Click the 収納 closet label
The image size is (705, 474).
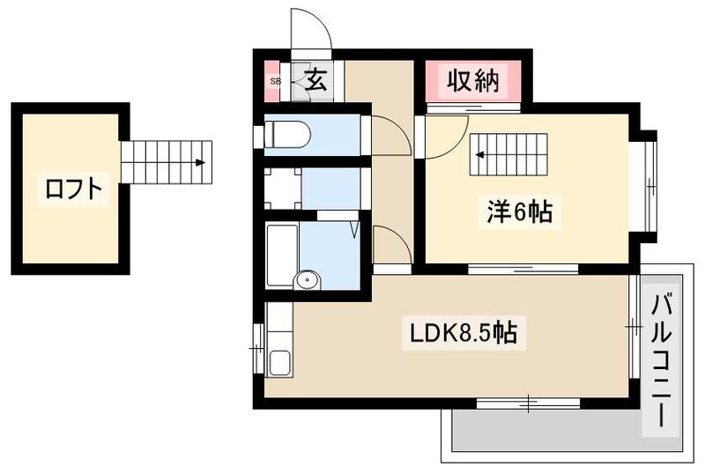pyautogui.click(x=471, y=82)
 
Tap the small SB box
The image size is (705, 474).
pyautogui.click(x=275, y=82)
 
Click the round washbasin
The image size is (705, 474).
pyautogui.click(x=308, y=281)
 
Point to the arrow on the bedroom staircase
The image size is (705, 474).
pyautogui.click(x=481, y=154)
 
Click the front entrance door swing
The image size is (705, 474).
pyautogui.click(x=310, y=32)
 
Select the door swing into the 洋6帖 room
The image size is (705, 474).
pyautogui.click(x=446, y=137)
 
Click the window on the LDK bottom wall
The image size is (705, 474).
pyautogui.click(x=527, y=404)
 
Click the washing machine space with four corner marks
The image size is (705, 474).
pyautogui.click(x=283, y=188)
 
